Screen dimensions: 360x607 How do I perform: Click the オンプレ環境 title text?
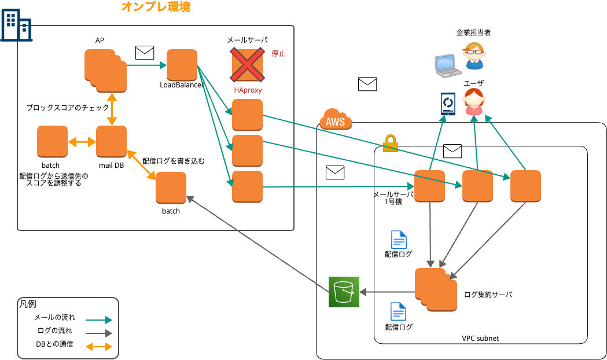point(156,8)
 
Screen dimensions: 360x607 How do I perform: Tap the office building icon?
point(16,25)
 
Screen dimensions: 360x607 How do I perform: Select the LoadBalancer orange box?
point(182,65)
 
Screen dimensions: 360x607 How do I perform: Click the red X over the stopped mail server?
point(248,64)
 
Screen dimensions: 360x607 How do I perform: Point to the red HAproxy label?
point(248,90)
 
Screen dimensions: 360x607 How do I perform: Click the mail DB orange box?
point(111,141)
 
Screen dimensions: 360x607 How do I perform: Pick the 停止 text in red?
point(278,53)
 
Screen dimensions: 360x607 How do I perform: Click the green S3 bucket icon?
point(344,292)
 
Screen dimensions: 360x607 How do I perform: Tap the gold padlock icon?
point(391,142)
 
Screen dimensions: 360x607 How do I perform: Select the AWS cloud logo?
point(335,120)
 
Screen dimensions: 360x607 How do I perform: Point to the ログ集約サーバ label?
point(488,295)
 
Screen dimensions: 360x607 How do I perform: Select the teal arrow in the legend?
point(98,319)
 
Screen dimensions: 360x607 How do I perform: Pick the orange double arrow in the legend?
point(98,347)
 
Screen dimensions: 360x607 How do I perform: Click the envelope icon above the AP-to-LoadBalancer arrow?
point(144,53)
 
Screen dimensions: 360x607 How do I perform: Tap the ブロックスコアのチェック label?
point(68,108)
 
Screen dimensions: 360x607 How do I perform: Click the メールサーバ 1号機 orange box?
point(429,185)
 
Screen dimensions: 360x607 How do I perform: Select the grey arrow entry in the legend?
point(98,333)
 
